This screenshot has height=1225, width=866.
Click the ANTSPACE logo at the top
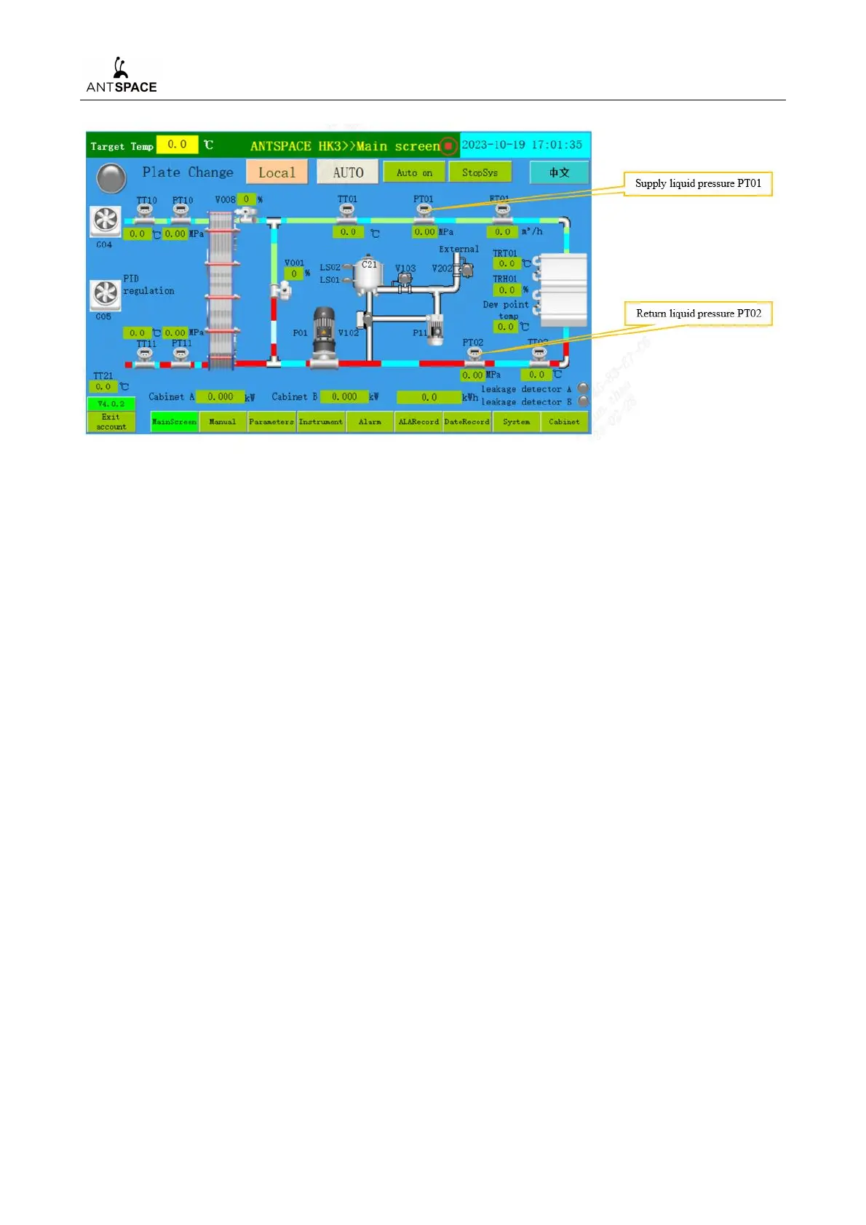pyautogui.click(x=122, y=76)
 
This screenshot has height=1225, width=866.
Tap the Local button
pyautogui.click(x=277, y=172)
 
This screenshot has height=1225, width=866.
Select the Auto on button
pyautogui.click(x=414, y=172)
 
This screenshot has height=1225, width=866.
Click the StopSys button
pyautogui.click(x=480, y=172)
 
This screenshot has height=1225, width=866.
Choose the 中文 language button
pyautogui.click(x=559, y=172)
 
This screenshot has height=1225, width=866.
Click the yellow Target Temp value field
pyautogui.click(x=177, y=145)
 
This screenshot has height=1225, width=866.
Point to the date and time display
pyautogui.click(x=522, y=145)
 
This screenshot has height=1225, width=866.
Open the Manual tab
pyautogui.click(x=223, y=422)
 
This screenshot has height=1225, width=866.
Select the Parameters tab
pyautogui.click(x=271, y=422)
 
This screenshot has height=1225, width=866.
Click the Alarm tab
pyautogui.click(x=370, y=422)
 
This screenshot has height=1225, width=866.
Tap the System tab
pyautogui.click(x=516, y=422)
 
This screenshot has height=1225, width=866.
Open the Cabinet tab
pyautogui.click(x=564, y=422)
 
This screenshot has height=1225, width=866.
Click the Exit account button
pyautogui.click(x=111, y=422)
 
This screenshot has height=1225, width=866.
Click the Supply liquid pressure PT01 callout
pyautogui.click(x=698, y=183)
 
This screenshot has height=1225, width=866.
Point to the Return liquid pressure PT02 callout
pyautogui.click(x=698, y=314)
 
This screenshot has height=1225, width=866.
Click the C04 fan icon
pyautogui.click(x=106, y=220)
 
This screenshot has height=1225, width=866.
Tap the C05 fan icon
pyautogui.click(x=106, y=294)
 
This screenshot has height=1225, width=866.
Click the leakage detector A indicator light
pyautogui.click(x=583, y=388)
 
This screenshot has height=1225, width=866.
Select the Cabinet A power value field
pyautogui.click(x=220, y=397)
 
